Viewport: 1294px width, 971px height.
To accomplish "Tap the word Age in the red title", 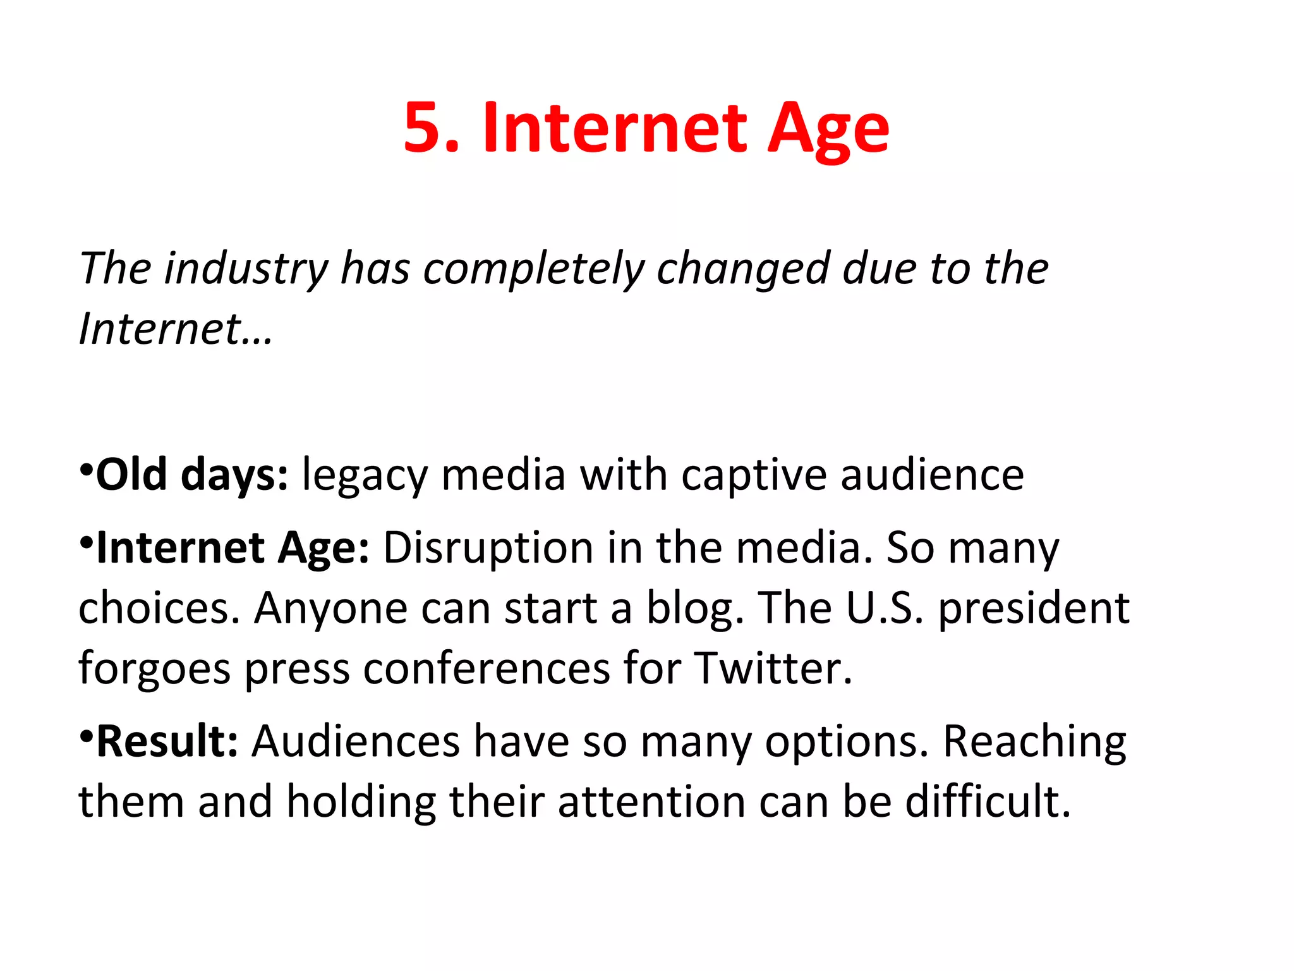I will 828,130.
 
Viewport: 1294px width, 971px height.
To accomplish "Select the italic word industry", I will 246,269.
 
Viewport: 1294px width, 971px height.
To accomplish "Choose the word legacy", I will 365,475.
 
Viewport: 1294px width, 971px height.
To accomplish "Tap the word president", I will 1034,608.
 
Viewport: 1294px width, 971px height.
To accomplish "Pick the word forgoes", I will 154,669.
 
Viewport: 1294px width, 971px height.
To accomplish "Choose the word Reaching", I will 1034,742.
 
